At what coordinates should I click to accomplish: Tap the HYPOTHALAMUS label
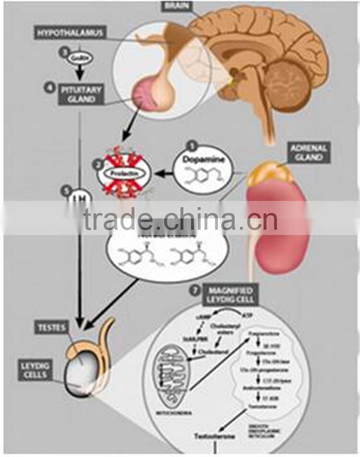pyautogui.click(x=70, y=33)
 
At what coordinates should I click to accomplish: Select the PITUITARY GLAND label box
pyautogui.click(x=79, y=94)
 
